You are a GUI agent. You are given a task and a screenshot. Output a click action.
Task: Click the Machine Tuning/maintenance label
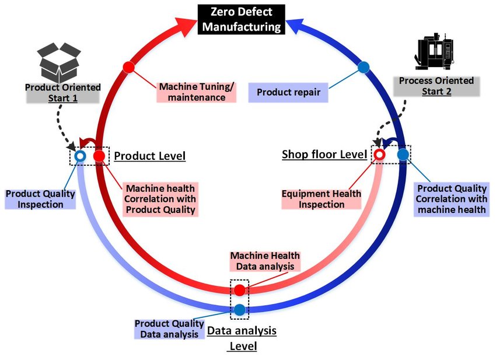197,92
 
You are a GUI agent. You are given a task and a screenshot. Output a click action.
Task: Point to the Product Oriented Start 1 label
62,92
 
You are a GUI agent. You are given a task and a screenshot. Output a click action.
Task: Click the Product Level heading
149,156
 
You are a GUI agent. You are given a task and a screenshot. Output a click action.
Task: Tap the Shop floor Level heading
324,154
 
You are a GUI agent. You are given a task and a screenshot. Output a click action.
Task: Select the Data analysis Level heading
242,338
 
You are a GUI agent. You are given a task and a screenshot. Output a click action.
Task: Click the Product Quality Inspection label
40,198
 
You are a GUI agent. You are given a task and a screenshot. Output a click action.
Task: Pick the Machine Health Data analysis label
265,261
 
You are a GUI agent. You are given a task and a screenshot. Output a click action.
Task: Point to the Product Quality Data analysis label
169,328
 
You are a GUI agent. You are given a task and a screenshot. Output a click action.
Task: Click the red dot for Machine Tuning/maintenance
129,67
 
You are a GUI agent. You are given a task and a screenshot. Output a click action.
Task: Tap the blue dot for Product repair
363,67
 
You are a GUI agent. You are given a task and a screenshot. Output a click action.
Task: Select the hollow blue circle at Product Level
80,156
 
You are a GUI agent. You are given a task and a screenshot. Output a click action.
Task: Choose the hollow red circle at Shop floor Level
379,155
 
